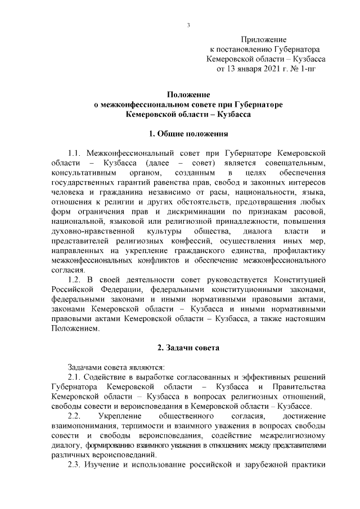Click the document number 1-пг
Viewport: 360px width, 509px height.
pos(318,69)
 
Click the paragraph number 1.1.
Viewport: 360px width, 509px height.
pos(75,153)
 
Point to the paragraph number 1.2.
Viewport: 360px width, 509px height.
pos(75,280)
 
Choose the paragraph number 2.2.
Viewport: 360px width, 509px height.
pos(75,416)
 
